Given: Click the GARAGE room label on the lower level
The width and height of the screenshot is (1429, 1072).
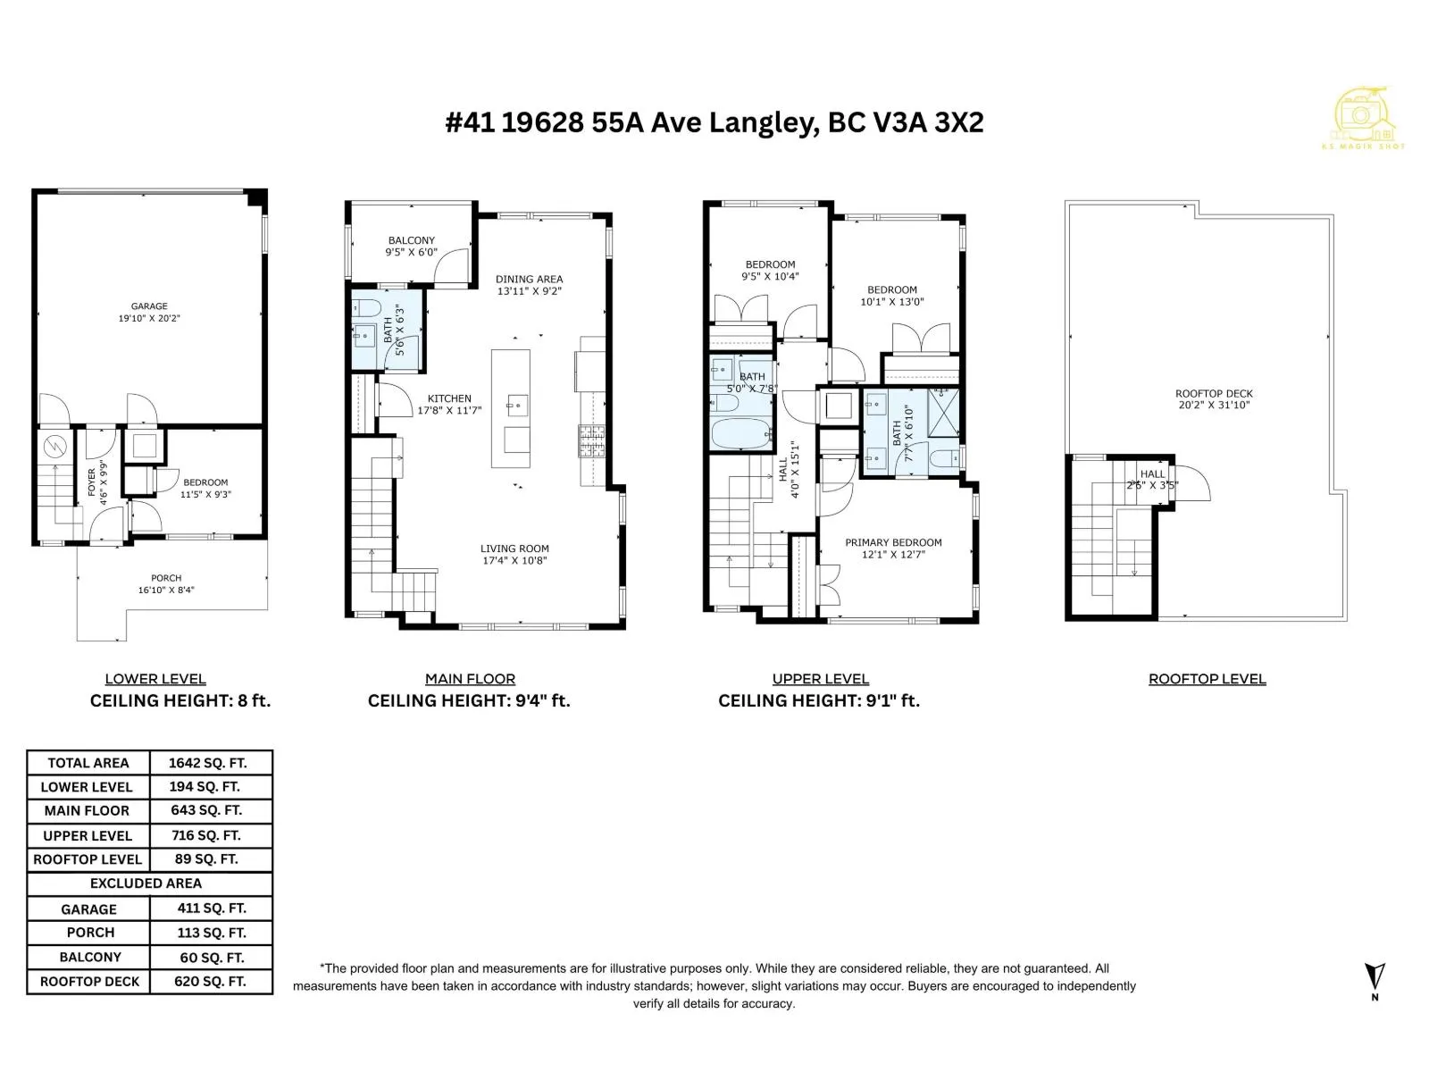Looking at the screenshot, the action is point(149,306).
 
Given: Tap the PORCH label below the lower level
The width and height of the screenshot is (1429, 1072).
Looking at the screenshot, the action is point(166,578).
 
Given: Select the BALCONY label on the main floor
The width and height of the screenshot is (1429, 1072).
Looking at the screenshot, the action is point(412,240).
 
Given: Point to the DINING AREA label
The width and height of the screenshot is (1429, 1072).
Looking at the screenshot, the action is point(530,280).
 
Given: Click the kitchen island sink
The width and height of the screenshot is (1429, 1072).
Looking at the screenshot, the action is point(517,406).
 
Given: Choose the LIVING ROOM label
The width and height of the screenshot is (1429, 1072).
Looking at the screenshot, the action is point(515,549).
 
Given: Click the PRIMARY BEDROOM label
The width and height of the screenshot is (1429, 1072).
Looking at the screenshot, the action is point(893,543).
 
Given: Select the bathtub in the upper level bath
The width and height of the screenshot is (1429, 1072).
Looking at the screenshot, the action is point(741,434).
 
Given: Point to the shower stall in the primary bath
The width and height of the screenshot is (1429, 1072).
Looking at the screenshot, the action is point(942,412).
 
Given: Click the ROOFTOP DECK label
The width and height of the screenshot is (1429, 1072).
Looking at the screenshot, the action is point(1214,394).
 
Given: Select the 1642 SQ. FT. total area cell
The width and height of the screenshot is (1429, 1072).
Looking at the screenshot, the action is point(208,763).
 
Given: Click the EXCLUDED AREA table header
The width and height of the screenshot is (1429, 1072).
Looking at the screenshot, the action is point(146,884).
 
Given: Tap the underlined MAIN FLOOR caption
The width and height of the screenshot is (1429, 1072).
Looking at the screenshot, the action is point(470,679).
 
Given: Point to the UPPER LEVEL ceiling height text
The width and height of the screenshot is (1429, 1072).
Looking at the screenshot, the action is point(819,701).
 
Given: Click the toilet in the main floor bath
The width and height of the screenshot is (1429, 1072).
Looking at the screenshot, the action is point(367,307).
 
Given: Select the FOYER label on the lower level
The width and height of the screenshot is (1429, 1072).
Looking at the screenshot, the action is point(92,482).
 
